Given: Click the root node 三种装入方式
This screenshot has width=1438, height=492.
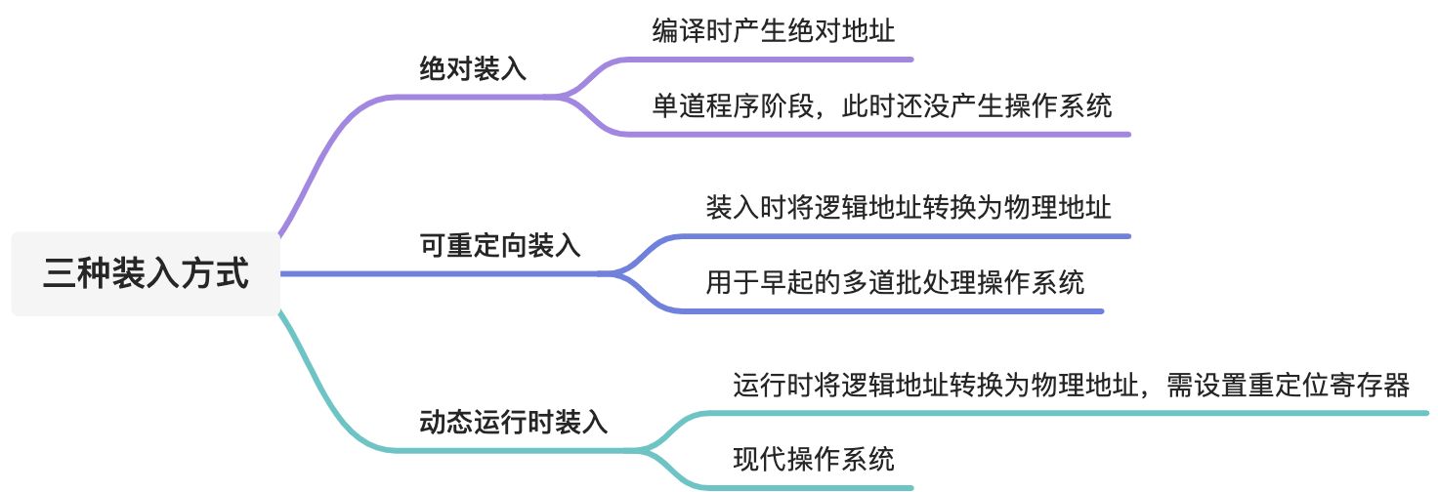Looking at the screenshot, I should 146,274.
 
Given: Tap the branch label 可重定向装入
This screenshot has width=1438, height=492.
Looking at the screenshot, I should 499,246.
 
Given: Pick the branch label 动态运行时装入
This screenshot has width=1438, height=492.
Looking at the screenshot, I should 513,423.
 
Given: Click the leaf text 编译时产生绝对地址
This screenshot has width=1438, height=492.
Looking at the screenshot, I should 774,31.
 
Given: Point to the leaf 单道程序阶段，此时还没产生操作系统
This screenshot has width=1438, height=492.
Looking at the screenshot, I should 881,105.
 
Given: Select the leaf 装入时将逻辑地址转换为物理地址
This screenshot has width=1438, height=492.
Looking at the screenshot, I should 909,208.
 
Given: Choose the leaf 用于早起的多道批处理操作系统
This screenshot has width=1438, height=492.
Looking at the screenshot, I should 895,283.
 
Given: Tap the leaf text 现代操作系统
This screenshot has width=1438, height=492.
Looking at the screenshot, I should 814,458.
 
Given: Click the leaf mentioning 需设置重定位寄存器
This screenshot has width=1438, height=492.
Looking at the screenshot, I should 1071,386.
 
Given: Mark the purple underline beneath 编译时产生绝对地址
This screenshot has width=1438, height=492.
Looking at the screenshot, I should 782,60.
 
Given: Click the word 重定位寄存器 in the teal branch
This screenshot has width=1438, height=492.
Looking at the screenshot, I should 1327,386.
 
